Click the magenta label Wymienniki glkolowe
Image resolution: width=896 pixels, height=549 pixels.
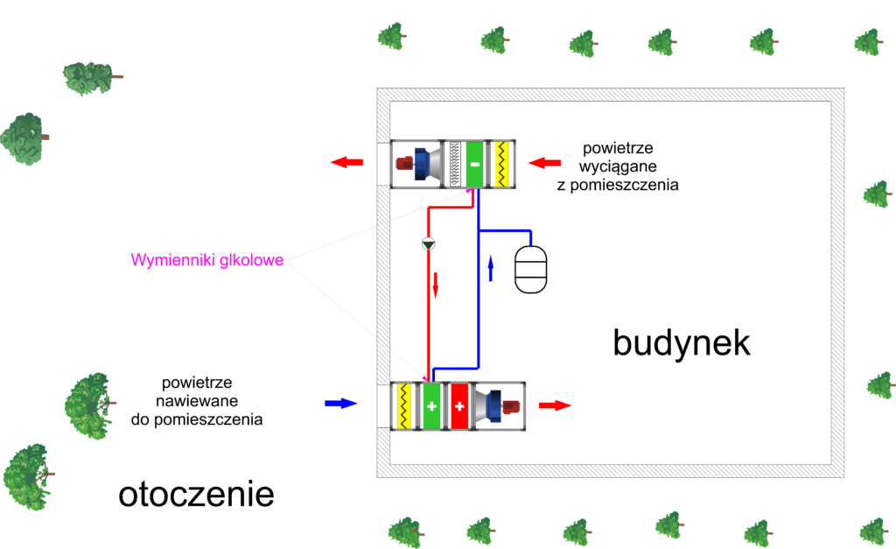[x=206, y=260]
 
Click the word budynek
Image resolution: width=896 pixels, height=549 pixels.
[x=682, y=343]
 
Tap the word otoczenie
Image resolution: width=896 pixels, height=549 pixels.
[x=196, y=495]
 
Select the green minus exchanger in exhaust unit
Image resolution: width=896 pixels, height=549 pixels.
[x=473, y=163]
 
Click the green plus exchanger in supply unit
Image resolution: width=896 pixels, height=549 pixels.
[x=430, y=406]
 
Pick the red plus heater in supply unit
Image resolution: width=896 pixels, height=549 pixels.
[x=458, y=406]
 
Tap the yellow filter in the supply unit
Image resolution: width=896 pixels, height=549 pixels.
[x=404, y=406]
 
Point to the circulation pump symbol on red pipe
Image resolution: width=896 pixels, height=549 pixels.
[x=428, y=243]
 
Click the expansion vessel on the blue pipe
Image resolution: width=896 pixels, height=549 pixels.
[x=531, y=269]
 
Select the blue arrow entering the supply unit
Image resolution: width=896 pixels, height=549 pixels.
[x=342, y=404]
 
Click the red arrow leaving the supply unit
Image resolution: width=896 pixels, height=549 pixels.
[x=555, y=405]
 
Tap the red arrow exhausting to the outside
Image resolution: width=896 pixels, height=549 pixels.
[x=347, y=163]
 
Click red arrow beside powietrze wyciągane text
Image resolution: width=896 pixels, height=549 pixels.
[x=544, y=163]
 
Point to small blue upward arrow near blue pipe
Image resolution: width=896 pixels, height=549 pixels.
[x=491, y=268]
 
